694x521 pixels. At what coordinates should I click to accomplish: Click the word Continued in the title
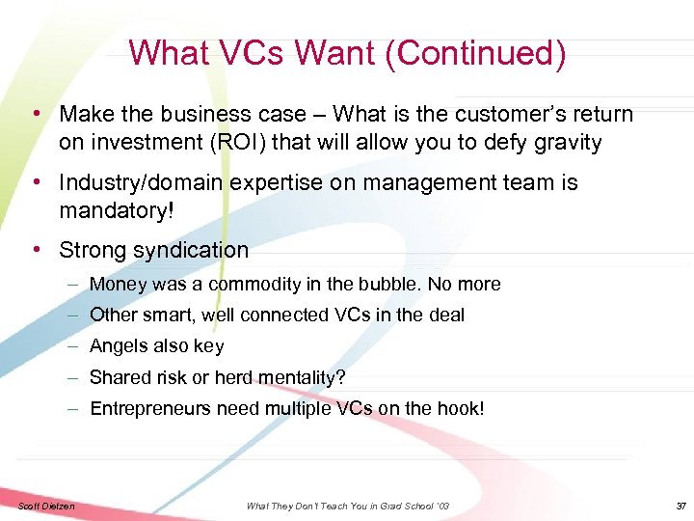pos(474,53)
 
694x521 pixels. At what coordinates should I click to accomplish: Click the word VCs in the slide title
pos(244,53)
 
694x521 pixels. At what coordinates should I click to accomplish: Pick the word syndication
pos(191,251)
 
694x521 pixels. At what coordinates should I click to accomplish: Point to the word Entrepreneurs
pos(149,409)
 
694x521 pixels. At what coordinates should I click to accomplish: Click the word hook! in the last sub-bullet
pos(459,409)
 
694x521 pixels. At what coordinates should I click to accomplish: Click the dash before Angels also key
pos(73,346)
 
